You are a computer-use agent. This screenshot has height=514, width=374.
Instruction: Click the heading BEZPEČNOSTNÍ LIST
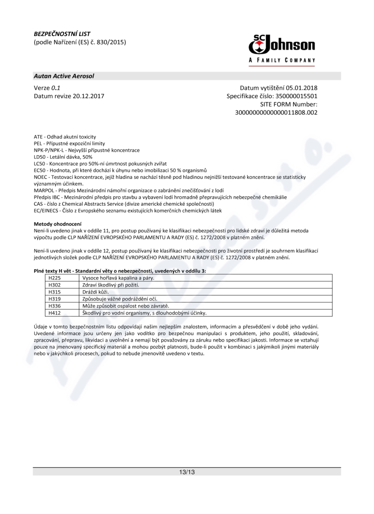[x=62, y=34]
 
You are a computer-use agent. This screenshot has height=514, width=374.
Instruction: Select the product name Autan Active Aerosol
[x=64, y=76]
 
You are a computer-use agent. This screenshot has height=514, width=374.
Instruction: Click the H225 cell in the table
[x=56, y=278]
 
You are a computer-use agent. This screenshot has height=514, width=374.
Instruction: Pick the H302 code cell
[x=56, y=285]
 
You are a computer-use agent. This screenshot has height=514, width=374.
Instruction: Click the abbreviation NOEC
[x=42, y=177]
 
